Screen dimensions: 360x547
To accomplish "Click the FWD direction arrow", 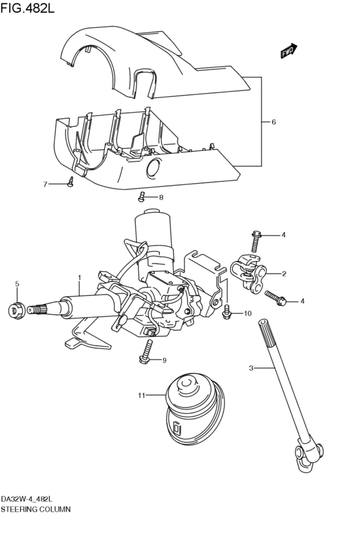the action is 288,51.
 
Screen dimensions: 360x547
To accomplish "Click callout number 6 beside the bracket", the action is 273,121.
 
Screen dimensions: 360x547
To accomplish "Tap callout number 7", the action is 45,184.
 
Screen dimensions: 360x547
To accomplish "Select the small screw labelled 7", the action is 71,182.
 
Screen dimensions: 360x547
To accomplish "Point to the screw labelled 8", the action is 141,197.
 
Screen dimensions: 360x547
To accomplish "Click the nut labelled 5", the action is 17,310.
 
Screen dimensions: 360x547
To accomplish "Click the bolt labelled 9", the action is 147,352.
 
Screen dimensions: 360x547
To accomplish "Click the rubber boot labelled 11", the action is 194,409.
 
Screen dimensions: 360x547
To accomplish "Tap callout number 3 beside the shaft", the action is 251,368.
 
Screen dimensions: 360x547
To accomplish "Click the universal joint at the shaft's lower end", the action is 310,456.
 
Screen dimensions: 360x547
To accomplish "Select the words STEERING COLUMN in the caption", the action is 35,509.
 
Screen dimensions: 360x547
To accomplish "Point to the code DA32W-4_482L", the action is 27,499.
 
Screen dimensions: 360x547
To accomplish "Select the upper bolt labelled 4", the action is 256,241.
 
